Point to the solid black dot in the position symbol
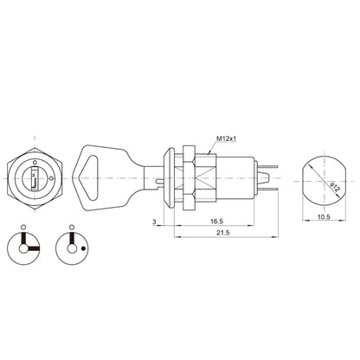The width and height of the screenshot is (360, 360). [83, 247]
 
